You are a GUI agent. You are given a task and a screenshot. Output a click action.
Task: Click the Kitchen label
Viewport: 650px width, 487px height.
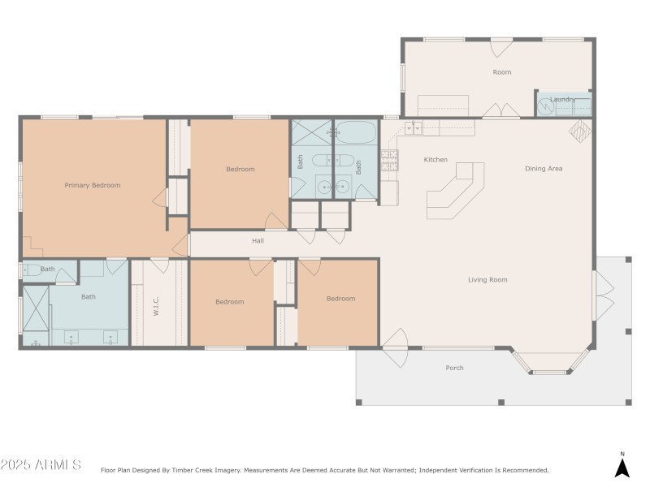(435, 160)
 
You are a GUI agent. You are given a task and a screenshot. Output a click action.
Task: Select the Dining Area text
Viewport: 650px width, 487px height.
(544, 169)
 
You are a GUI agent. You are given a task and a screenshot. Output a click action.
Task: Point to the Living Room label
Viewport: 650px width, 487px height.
(487, 280)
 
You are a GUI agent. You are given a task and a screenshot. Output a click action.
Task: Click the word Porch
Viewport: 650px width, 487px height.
(454, 368)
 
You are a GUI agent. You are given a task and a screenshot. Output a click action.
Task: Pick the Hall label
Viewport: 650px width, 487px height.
(258, 240)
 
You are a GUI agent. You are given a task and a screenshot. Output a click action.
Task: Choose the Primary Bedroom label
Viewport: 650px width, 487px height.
(93, 185)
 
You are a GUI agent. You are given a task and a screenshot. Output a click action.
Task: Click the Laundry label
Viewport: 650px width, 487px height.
(562, 100)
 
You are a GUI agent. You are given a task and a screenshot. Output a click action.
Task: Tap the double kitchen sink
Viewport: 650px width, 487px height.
(413, 127)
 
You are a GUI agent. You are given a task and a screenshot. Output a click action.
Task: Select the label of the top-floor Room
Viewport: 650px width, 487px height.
(502, 72)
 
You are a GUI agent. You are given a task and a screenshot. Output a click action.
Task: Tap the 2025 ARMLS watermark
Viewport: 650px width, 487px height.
(41, 465)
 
